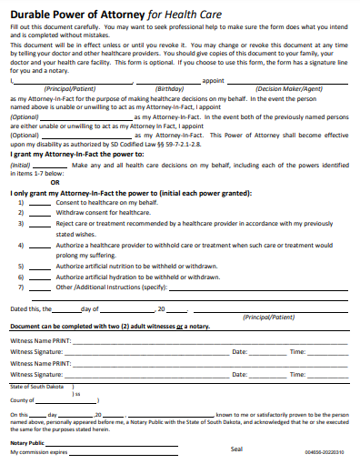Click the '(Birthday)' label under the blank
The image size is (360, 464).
[x=169, y=88]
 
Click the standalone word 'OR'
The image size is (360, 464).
[x=55, y=182]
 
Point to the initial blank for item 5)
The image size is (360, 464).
[x=39, y=266]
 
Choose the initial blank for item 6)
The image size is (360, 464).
[x=39, y=276]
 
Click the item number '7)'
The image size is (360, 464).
[x=21, y=287]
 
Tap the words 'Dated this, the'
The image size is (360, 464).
[x=32, y=309]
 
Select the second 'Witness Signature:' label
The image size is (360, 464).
[x=36, y=374]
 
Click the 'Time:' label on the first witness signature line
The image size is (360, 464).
[x=297, y=351]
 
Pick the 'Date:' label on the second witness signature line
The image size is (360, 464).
[x=240, y=374]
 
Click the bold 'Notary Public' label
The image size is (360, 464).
[x=27, y=442]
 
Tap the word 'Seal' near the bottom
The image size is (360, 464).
[x=236, y=449]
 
